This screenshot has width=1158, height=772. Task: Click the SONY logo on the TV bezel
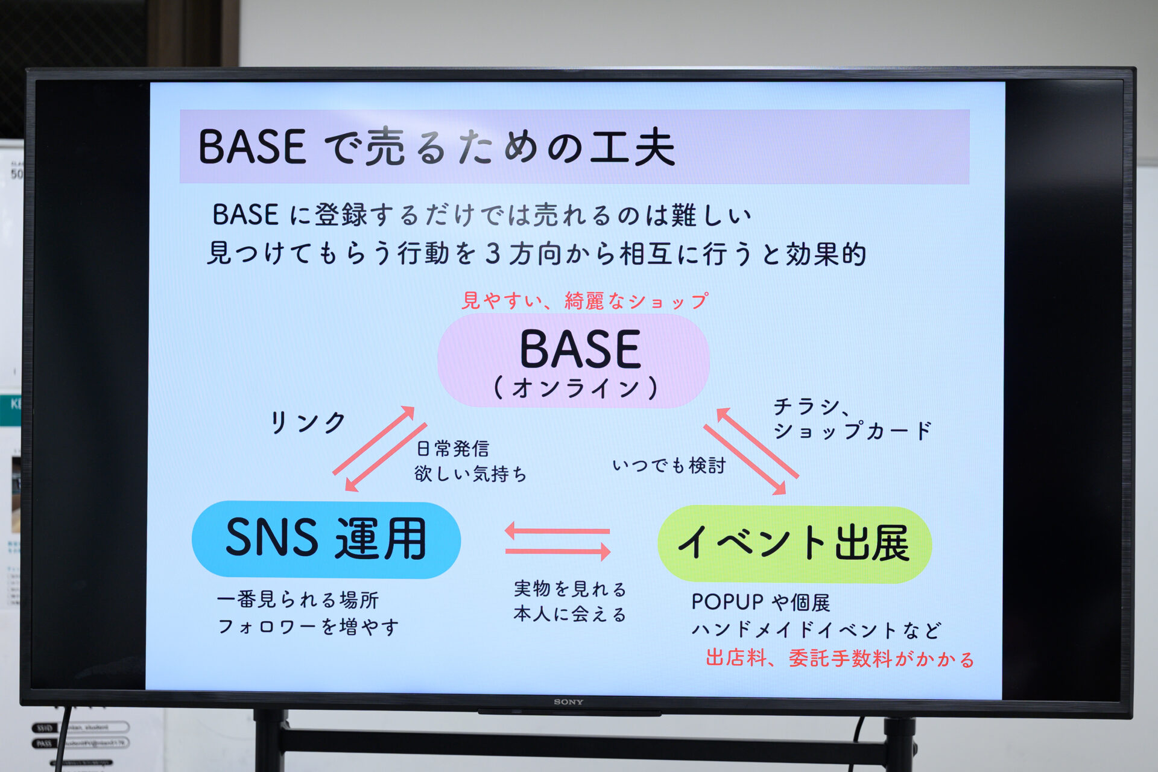click(568, 701)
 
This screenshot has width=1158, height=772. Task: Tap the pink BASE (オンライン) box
click(573, 361)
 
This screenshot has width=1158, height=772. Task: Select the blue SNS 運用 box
click(326, 539)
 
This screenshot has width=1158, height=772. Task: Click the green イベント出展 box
click(794, 543)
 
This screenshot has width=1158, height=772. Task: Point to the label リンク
click(307, 422)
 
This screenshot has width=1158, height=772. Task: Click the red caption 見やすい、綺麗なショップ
click(584, 300)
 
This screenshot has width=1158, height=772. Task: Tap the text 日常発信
click(452, 449)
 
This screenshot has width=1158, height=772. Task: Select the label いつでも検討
click(668, 466)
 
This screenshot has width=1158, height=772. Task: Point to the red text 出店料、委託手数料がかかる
click(840, 658)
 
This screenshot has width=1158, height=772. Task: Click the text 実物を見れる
click(570, 588)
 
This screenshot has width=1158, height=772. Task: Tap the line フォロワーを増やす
click(308, 627)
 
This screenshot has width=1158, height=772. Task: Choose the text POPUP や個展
click(760, 602)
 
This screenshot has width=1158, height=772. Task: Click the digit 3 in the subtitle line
click(493, 253)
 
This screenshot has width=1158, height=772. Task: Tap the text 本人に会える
click(570, 614)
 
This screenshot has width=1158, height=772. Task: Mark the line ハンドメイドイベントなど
click(815, 630)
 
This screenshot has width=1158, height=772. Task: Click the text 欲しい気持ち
click(470, 474)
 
